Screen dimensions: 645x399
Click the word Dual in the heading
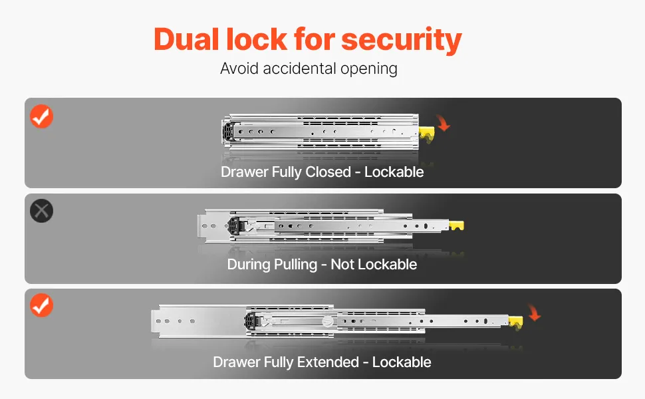point(186,39)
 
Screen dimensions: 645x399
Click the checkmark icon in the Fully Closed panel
point(41,116)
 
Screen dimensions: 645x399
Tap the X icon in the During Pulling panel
point(41,211)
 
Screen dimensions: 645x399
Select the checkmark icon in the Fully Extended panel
point(41,305)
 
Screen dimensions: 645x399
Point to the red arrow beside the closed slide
point(443,122)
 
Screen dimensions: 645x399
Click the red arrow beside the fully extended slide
point(534,313)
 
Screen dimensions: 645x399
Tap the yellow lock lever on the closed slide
point(427,134)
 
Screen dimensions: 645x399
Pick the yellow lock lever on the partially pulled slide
point(456,225)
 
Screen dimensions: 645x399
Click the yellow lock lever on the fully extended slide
point(516,323)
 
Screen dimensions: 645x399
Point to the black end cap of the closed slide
point(227,132)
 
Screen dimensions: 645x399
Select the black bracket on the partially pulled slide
point(234,226)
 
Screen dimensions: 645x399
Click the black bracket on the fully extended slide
point(251,321)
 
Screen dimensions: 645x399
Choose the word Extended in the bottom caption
point(328,362)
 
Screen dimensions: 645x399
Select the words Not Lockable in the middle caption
point(374,265)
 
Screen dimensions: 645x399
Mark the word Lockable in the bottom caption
point(402,362)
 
